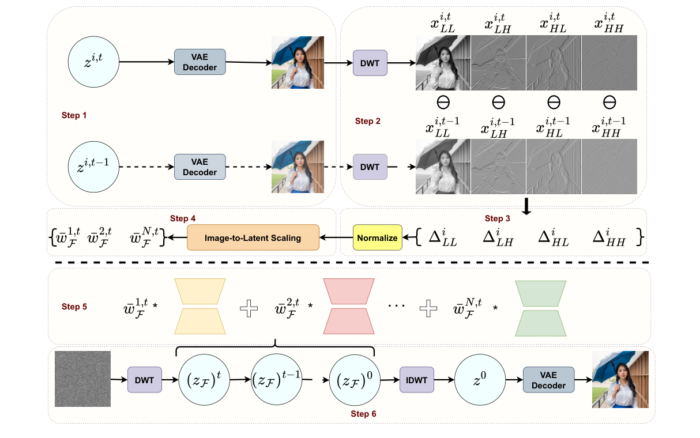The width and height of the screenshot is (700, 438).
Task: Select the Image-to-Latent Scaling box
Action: click(253, 237)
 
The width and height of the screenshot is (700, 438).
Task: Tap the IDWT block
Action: click(416, 380)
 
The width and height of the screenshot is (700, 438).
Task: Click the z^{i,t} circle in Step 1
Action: click(94, 62)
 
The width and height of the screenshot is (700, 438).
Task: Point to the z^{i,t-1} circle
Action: click(94, 167)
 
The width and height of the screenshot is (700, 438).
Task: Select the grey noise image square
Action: click(82, 379)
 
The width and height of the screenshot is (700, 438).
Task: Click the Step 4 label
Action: click(183, 218)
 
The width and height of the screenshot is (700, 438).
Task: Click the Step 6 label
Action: click(364, 414)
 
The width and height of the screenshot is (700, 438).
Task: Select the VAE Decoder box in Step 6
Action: click(548, 380)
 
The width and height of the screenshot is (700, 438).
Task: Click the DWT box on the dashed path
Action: click(370, 167)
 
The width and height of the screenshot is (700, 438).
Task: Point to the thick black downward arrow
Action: click(526, 206)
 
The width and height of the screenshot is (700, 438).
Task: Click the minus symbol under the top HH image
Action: click(609, 103)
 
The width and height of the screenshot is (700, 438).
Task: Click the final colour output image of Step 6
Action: click(620, 379)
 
